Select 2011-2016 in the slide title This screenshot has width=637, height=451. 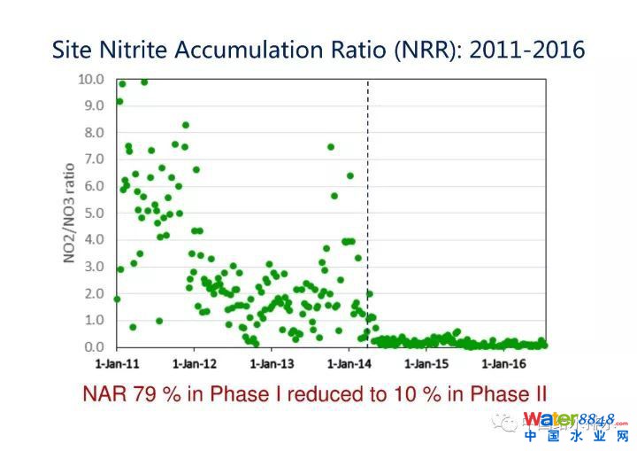click(527, 50)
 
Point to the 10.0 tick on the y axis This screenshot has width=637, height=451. click(91, 79)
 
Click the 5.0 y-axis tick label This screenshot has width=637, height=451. click(94, 213)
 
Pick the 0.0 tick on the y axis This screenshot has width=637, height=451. click(94, 346)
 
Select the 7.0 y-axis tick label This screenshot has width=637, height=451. click(94, 159)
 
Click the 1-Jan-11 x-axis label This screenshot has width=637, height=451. click(118, 363)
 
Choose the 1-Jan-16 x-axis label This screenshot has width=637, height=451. click(505, 363)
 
